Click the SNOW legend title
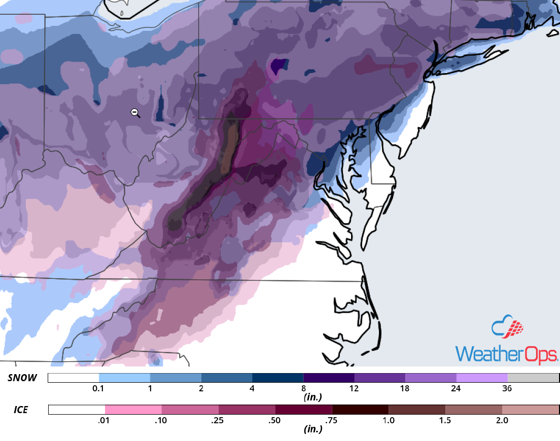[x=22, y=378]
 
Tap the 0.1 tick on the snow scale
[x=99, y=389]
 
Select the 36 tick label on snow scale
[x=507, y=389]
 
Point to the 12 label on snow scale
[x=354, y=389]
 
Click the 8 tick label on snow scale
[x=303, y=389]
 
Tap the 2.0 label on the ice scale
[x=502, y=420]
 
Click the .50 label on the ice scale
[x=275, y=420]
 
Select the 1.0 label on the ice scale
[x=389, y=420]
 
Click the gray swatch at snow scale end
[x=533, y=378]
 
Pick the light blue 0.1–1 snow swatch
[x=124, y=378]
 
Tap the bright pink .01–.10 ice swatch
[x=133, y=410]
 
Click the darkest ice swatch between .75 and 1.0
[x=360, y=410]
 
